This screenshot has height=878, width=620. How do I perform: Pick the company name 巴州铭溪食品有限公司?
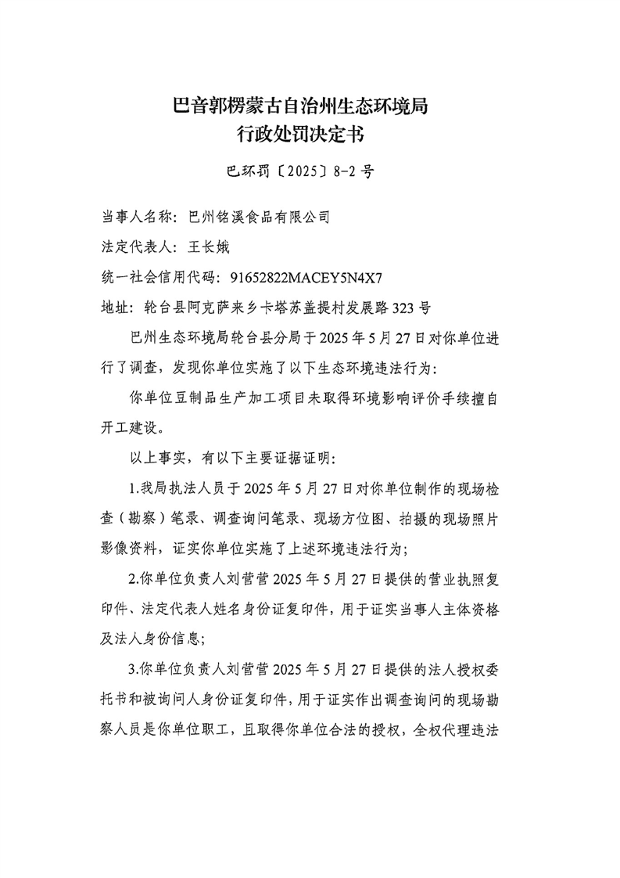pyautogui.click(x=254, y=217)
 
